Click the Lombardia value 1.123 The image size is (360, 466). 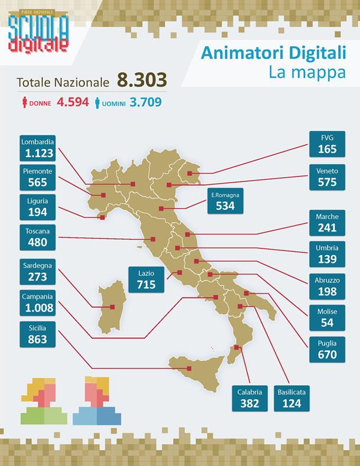[40, 154]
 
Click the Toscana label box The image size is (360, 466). [37, 236]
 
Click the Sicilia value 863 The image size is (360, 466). [37, 340]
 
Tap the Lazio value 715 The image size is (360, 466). [146, 285]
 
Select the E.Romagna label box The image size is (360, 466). [225, 201]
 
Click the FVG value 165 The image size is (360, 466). [327, 149]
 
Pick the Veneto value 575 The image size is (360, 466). [327, 183]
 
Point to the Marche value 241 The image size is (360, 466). [327, 227]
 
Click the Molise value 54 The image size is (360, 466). [327, 322]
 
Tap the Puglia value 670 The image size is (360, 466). [327, 354]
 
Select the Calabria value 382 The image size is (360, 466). [250, 403]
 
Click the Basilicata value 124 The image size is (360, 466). [292, 403]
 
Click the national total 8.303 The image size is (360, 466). [142, 80]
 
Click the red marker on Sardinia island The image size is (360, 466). [112, 307]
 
